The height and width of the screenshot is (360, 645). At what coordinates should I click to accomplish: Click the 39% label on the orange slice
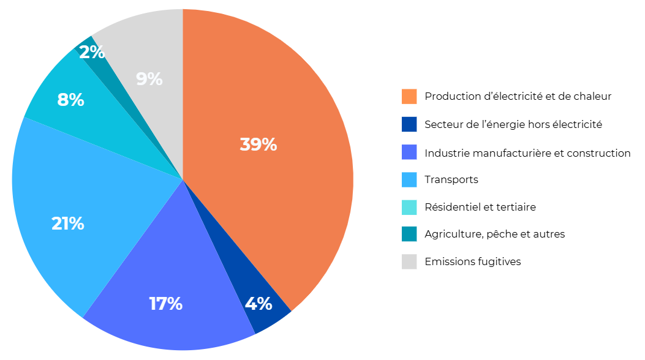tap(258, 145)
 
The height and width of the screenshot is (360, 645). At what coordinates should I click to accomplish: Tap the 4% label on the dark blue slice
tap(258, 304)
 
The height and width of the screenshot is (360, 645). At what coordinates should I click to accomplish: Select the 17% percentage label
tap(165, 304)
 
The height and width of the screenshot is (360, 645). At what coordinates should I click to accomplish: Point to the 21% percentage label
tap(67, 223)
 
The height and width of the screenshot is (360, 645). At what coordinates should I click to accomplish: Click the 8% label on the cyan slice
tap(70, 100)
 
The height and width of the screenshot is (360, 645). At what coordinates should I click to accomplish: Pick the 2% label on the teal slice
tap(92, 53)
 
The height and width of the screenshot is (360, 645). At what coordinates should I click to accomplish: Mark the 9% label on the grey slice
tap(149, 79)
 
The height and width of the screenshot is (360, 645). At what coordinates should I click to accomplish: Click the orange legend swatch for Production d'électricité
tap(409, 97)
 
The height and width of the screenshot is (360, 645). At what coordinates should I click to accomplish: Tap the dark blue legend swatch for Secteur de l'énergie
tap(409, 124)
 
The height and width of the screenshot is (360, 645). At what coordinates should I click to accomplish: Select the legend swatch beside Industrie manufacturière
tap(409, 152)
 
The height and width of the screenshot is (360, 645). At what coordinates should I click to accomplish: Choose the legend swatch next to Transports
tap(409, 179)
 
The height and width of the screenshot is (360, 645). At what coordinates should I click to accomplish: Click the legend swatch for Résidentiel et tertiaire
tap(409, 207)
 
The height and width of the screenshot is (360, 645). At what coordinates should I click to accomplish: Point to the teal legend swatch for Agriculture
tap(409, 234)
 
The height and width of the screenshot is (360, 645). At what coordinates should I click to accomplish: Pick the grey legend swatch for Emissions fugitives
tap(409, 261)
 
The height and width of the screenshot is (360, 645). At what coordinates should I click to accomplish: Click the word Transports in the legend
tap(451, 179)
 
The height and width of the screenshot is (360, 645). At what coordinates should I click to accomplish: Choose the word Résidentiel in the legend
tap(453, 207)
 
